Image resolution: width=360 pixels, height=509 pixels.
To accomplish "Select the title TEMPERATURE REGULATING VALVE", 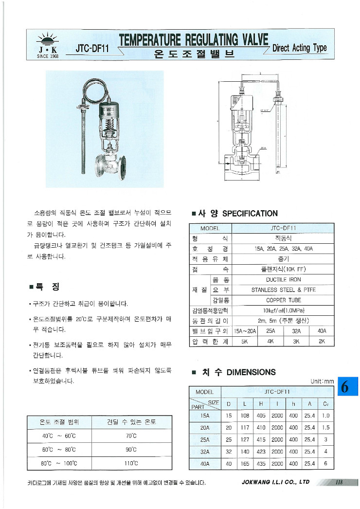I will click(x=194, y=40).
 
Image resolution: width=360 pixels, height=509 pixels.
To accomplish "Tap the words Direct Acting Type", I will click(x=300, y=48).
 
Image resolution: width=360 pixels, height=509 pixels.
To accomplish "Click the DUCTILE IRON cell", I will click(x=283, y=280).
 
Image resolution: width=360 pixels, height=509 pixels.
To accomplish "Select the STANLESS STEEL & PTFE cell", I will click(x=283, y=290).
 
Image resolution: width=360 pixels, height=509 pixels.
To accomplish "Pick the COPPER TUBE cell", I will click(x=283, y=300).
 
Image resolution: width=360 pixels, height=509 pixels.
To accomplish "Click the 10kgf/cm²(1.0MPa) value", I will click(x=283, y=310).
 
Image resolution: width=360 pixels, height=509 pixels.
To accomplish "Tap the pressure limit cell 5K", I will click(x=245, y=341).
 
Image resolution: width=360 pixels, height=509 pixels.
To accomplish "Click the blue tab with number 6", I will click(x=346, y=387).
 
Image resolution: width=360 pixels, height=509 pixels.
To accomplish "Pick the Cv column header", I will click(x=325, y=403).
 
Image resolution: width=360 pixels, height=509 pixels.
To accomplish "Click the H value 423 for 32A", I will click(x=261, y=452).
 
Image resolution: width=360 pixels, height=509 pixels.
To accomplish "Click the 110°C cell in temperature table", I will click(x=131, y=463).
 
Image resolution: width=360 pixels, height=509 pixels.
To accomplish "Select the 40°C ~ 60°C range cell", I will click(x=59, y=436).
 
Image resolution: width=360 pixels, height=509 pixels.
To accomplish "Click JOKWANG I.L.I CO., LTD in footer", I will click(x=275, y=482).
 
